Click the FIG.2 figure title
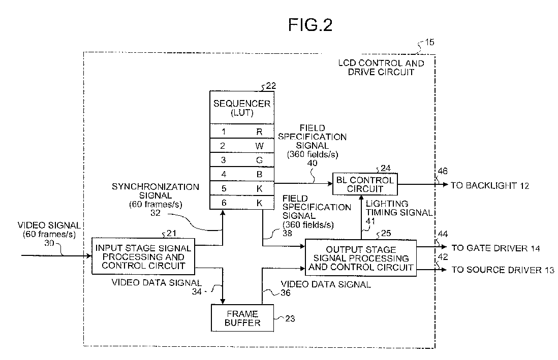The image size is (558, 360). point(310,25)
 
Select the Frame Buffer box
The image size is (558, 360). point(242,318)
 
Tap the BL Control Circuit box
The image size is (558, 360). point(365,184)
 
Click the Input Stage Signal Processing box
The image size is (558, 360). point(143,256)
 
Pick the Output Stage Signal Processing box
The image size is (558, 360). point(361,258)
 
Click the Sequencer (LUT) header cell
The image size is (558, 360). point(242,108)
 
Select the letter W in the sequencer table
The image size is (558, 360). point(259,146)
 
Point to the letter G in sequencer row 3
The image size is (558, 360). point(259,160)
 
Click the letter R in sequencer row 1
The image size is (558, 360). point(259,132)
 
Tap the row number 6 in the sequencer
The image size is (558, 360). point(224,203)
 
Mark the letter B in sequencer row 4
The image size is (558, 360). point(259,174)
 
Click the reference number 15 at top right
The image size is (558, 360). point(429,42)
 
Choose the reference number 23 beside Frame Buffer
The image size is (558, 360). point(290,318)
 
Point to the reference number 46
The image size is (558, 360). point(442,171)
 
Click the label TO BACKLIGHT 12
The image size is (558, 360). point(490,185)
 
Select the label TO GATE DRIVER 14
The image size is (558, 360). point(495,248)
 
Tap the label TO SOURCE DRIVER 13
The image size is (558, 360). point(503,270)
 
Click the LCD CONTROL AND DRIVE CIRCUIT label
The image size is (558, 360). point(381,68)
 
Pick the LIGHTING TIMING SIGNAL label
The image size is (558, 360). point(399,208)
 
